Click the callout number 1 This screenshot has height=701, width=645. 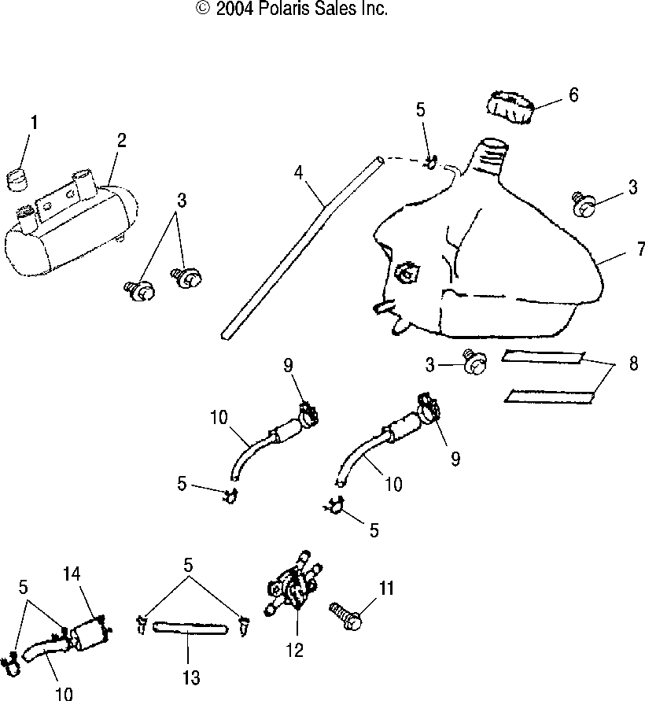pos(34,123)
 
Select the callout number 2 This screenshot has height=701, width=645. pos(122,140)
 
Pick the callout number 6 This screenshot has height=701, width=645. pos(573,95)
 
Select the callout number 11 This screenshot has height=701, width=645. pos(387,588)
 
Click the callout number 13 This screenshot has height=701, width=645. pos(191,677)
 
